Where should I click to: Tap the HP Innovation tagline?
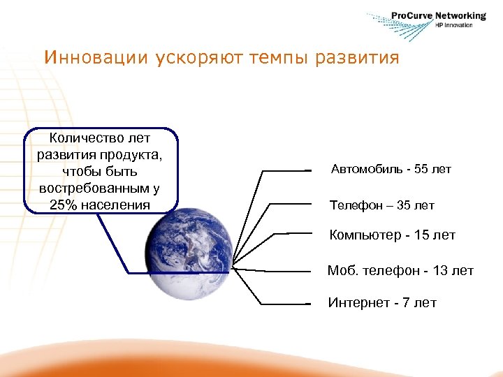(453, 25)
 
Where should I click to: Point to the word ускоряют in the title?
(186, 57)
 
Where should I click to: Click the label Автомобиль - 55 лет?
(391, 169)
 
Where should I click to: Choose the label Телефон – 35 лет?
(381, 205)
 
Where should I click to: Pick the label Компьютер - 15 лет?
(392, 235)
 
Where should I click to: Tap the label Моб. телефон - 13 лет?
(400, 270)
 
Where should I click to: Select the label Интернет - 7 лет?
(382, 302)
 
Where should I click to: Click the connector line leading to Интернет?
(286, 304)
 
